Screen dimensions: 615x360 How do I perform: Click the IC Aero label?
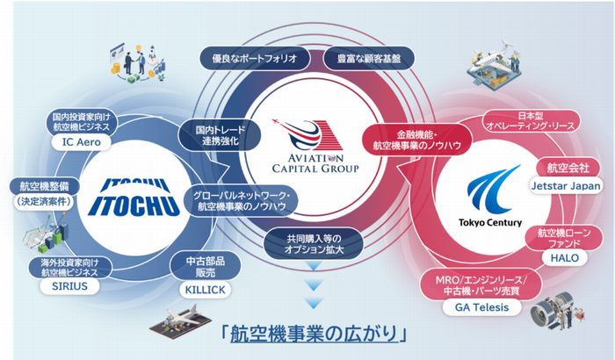point(82,142)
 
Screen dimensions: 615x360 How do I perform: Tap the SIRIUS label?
point(69,286)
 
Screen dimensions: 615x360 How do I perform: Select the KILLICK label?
point(205,290)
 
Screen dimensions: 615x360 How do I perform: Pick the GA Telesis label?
point(482,307)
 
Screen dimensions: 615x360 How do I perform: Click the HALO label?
point(564,257)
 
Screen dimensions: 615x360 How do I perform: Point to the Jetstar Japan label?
point(566,185)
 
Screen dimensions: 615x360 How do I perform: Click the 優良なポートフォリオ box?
point(255,59)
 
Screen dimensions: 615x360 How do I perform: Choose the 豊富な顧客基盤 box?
point(369,59)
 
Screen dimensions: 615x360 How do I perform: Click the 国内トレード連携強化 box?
point(219,135)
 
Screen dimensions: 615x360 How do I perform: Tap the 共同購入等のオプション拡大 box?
point(314,243)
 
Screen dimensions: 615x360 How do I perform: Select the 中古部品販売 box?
point(205,267)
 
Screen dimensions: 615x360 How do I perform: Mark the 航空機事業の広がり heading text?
point(314,335)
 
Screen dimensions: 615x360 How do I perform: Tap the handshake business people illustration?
point(137,62)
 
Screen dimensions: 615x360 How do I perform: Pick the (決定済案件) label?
point(44,202)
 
